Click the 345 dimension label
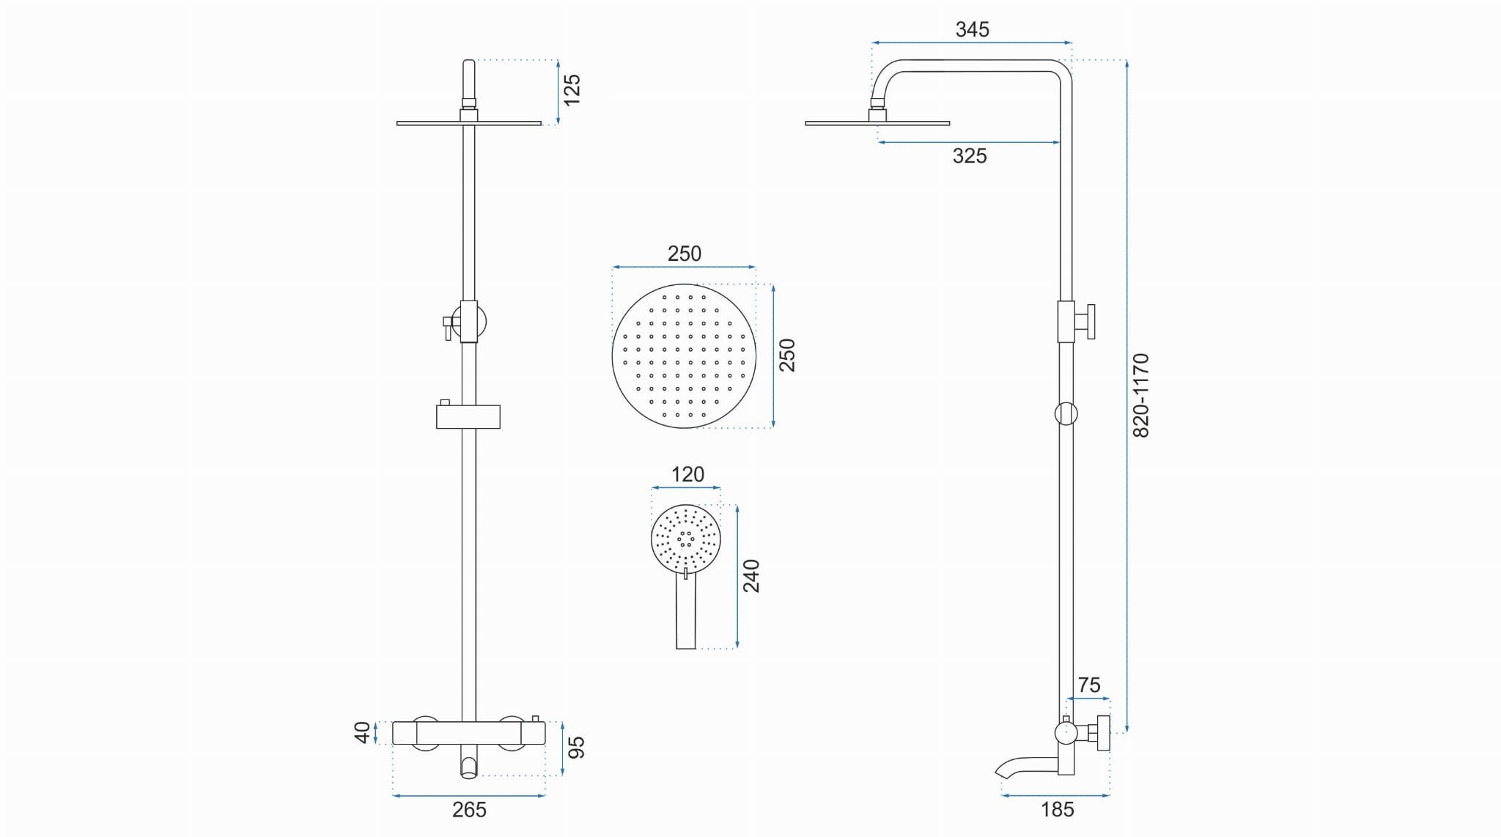point(972,29)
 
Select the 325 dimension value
point(970,155)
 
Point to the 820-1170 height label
point(1141,396)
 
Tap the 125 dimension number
point(572,89)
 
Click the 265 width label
point(469,809)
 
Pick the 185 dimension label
point(1058,809)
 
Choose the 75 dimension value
point(1089,685)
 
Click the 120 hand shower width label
point(687,474)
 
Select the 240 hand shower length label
point(752,576)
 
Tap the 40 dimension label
point(363,732)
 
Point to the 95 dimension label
point(577,748)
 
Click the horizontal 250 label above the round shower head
point(685,254)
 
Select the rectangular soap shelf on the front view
point(468,416)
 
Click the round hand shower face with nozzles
point(686,539)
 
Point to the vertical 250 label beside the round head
point(786,355)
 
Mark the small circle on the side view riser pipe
point(1066,413)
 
